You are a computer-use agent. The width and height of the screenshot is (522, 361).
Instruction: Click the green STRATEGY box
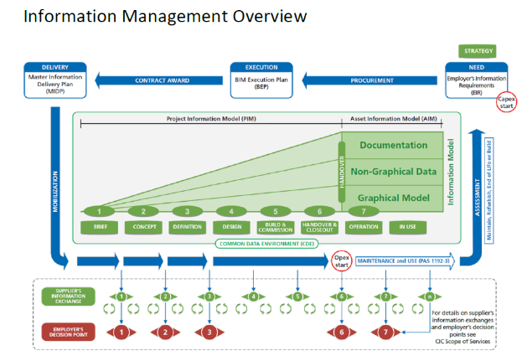coord(478,52)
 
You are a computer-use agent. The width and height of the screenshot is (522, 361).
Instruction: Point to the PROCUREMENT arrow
coord(371,81)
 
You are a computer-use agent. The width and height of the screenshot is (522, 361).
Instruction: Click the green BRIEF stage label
coord(99,226)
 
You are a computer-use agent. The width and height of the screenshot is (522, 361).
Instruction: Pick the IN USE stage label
coord(407,226)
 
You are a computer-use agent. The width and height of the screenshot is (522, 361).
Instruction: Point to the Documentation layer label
coord(393,145)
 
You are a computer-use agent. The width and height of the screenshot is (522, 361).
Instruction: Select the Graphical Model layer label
coord(393,198)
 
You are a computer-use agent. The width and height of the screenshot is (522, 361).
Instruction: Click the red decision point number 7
coord(385,333)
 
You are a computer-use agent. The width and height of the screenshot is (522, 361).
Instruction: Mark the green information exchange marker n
coord(430,296)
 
